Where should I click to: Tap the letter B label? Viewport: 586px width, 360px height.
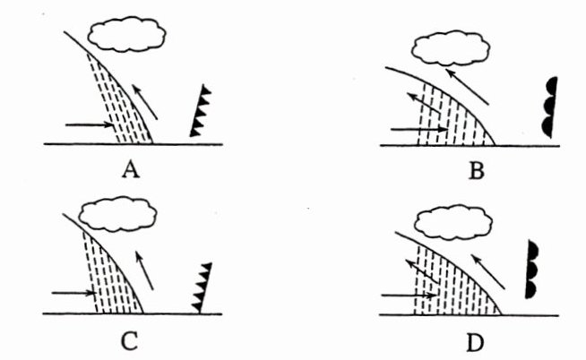coord(476,167)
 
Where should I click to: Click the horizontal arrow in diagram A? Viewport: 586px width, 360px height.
coord(90,125)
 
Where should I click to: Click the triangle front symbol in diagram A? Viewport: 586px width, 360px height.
coord(202,111)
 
